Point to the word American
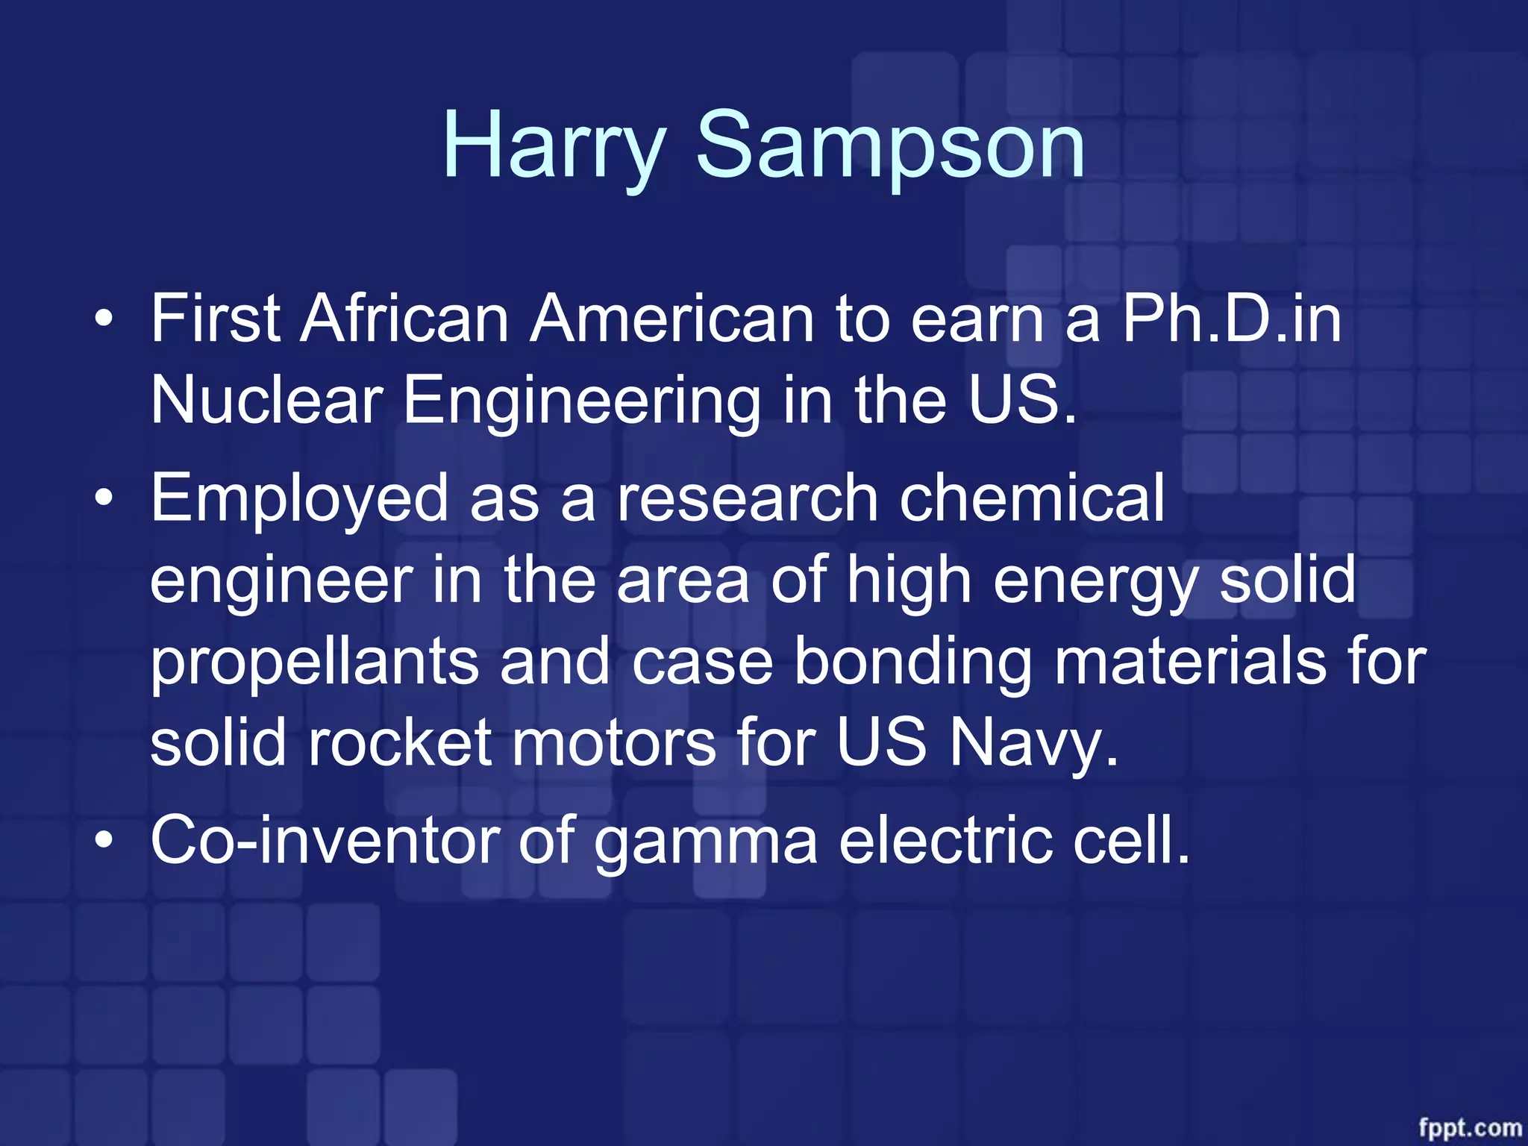[671, 319]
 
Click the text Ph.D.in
[1231, 319]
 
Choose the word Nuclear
[267, 400]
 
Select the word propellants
[314, 663]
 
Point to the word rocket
[400, 742]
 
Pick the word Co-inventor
[325, 841]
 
